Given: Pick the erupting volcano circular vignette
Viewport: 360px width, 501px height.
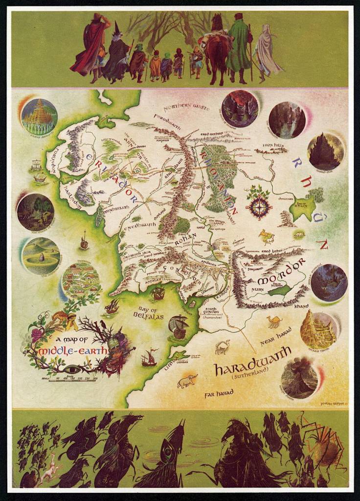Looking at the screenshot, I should pos(299,377).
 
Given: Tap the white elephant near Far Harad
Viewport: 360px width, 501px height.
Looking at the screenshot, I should pos(187,381).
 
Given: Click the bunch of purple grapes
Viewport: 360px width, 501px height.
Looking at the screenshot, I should pos(37,335).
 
